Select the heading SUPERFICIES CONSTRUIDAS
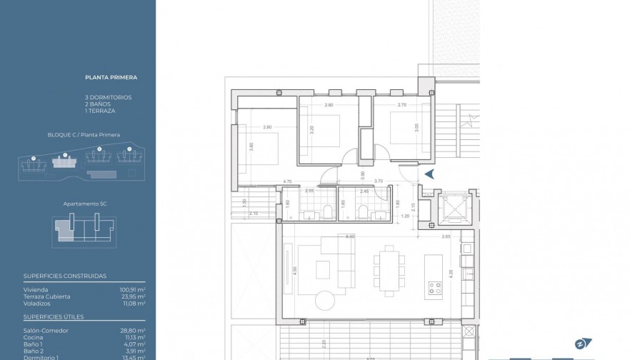64,275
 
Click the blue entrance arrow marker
429,174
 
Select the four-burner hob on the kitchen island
435,289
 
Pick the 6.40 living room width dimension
350,236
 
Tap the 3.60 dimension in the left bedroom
251,146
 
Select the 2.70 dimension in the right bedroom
401,105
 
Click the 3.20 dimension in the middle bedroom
312,131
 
